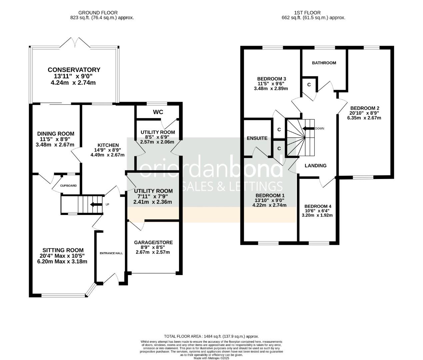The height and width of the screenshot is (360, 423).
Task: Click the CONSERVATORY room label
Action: click(74, 70)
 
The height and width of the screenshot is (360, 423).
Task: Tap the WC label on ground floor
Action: click(158, 112)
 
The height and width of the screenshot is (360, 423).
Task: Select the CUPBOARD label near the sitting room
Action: click(68, 186)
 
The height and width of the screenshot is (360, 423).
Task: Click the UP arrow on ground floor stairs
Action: click(96, 204)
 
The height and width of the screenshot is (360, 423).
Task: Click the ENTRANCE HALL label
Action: click(111, 253)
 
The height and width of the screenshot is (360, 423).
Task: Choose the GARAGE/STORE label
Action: click(153, 242)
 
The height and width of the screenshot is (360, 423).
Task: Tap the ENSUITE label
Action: click(257, 138)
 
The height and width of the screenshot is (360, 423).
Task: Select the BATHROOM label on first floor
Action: click(324, 63)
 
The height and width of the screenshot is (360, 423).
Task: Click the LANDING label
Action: click(315, 165)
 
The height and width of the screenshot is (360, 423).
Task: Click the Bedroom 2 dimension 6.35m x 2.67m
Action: click(364, 118)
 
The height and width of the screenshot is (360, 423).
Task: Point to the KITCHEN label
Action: click(108, 145)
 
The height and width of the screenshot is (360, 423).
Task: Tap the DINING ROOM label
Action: click(55, 134)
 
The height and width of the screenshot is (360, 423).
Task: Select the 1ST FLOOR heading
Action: click(313, 13)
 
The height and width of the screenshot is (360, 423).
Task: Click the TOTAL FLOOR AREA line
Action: click(211, 336)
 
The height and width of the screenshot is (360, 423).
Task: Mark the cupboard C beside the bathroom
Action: click(309, 85)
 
